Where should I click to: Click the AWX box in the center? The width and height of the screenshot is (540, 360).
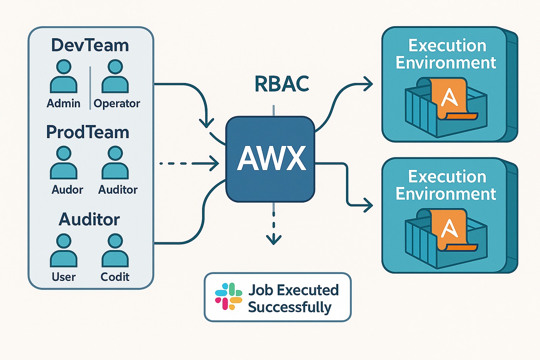coord(270,159)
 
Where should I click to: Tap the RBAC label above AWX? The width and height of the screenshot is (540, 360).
coord(282,84)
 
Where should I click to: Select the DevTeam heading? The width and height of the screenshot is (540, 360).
coord(90,45)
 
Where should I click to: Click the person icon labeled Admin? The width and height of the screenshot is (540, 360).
coord(64,77)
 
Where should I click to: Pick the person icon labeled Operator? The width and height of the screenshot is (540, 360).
coord(115,77)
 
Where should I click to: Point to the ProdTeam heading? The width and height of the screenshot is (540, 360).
coord(88,132)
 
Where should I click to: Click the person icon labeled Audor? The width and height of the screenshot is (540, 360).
coord(64,164)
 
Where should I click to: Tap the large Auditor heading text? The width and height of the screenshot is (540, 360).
coord(89,219)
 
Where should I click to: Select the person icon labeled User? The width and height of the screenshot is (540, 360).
coord(64,251)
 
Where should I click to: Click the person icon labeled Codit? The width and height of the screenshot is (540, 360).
coord(115,251)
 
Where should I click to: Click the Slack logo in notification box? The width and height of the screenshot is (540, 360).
coord(228,296)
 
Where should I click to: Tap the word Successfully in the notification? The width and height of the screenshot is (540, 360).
coord(289,307)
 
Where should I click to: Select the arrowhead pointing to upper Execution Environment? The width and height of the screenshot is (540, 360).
coord(369,84)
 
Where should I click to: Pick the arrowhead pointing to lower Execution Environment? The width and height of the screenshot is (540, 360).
coord(369,205)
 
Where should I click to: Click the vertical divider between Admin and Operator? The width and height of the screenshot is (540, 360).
coord(90,88)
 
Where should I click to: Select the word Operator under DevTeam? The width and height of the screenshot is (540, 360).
coord(116,103)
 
